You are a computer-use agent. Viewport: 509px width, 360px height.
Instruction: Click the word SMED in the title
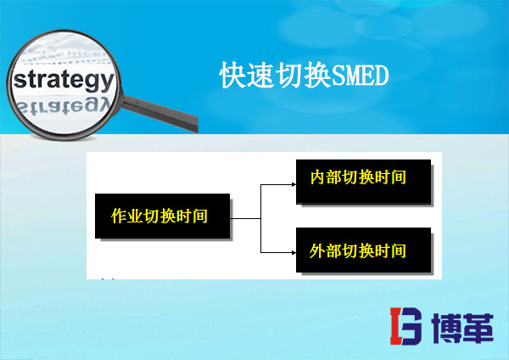[x=360, y=76]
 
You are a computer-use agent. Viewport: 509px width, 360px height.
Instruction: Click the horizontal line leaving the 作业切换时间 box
[x=245, y=217]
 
